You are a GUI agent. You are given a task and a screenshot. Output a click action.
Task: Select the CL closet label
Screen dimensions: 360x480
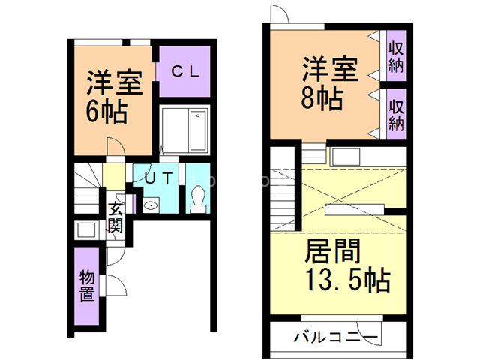(x=183, y=72)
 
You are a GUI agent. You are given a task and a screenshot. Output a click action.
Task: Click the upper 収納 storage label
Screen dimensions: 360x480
(x=396, y=55)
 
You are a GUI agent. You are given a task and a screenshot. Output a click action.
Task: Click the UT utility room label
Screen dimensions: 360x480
(x=159, y=178)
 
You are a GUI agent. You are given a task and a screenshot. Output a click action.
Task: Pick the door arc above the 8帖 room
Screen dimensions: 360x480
(x=279, y=14)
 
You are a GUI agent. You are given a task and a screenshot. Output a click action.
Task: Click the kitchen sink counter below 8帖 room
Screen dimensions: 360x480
(x=346, y=157)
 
